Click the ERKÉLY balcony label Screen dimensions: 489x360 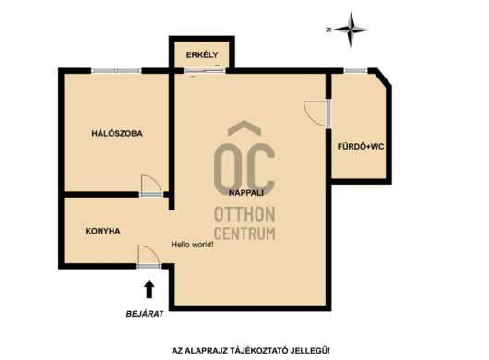point(202,54)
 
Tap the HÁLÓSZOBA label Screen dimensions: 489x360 point(117,134)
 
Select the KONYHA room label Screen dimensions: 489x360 point(103,231)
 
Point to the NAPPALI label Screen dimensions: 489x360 point(246,193)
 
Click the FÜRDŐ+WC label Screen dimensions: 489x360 point(361,147)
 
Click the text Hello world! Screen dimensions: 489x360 point(193,245)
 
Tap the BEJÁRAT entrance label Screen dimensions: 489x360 point(145,314)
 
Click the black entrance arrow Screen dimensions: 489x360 point(149,289)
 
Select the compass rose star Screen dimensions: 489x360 point(352,30)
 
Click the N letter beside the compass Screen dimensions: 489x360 point(328,30)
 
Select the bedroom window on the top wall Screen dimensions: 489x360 point(116,71)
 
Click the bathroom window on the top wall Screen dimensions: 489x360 point(356,71)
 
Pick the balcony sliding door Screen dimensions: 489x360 point(204,71)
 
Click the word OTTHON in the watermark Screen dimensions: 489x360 point(244,214)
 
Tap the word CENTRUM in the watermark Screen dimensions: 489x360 point(244,234)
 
